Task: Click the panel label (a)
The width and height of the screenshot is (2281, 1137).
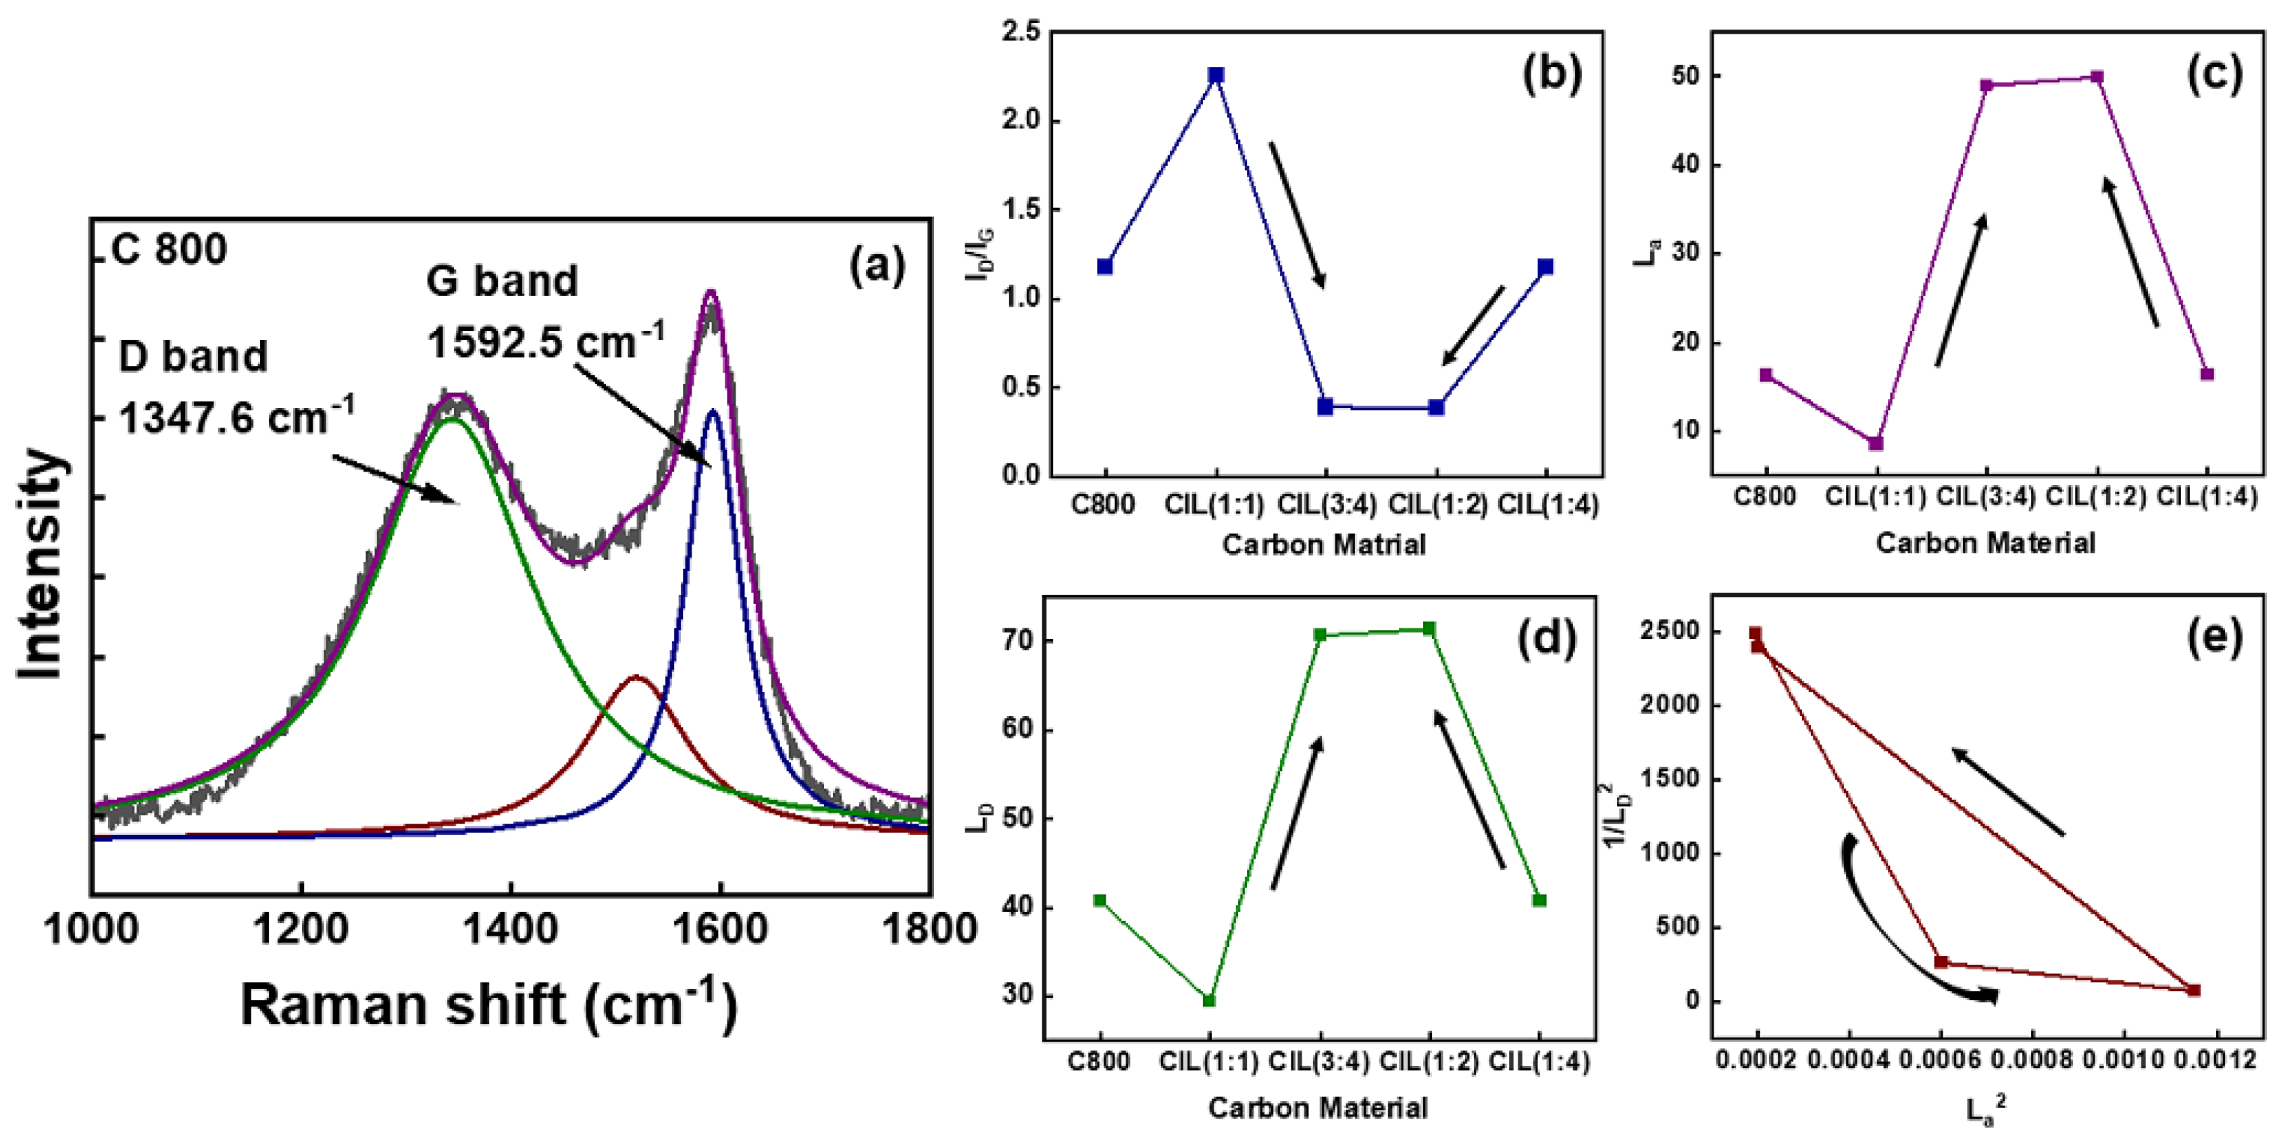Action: click(x=877, y=265)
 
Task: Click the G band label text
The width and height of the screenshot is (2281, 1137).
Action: click(x=502, y=282)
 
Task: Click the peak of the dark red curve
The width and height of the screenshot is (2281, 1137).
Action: click(x=636, y=678)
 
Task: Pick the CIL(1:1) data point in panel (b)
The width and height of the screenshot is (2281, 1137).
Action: click(x=1216, y=75)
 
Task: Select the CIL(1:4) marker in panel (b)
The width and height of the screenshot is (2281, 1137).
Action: click(x=1545, y=267)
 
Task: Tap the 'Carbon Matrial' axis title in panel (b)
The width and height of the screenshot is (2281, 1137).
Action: click(x=1324, y=544)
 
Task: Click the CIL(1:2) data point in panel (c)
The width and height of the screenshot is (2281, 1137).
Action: click(x=2096, y=77)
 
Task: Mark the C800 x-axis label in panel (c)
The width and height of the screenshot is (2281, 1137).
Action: click(x=1765, y=497)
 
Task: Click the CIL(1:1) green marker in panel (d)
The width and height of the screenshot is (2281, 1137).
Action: click(x=1208, y=1001)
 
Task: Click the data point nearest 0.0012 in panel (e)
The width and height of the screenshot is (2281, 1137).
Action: click(x=2193, y=990)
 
